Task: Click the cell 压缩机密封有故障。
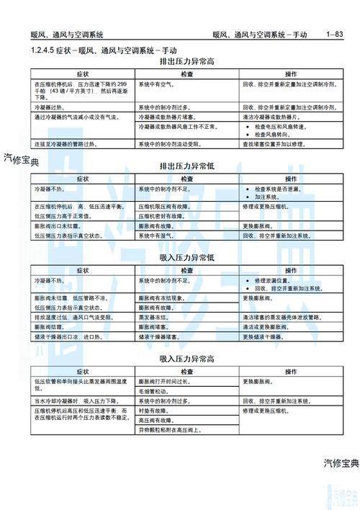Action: [x=165, y=215]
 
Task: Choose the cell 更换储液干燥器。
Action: [x=269, y=336]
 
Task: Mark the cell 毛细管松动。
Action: [x=154, y=390]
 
